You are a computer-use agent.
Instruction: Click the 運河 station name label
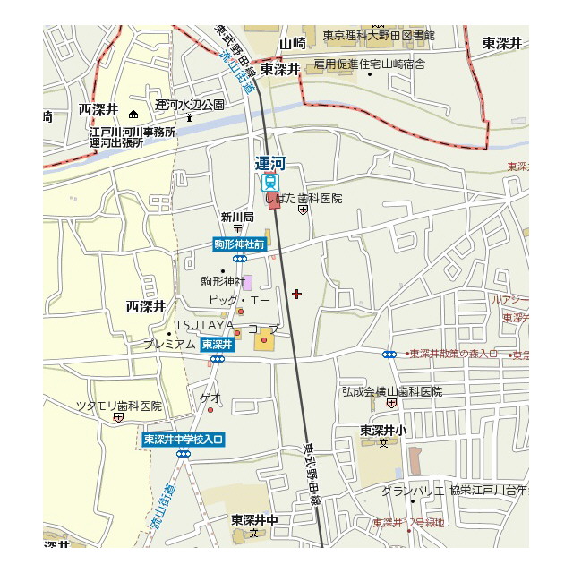coord(269,164)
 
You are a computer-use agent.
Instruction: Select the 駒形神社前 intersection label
coord(239,244)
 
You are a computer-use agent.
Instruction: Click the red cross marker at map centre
coord(297,294)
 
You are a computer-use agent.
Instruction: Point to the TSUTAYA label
coord(204,324)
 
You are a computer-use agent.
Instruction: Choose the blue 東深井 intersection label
coord(217,344)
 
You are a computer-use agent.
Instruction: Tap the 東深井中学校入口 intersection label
coord(184,439)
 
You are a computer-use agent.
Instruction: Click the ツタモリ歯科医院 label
coord(119,406)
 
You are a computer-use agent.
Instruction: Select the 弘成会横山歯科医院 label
coord(392,391)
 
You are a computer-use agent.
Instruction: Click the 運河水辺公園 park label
coord(190,105)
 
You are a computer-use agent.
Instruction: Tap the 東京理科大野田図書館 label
coord(379,36)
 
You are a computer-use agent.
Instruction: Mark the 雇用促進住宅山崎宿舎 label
coord(369,64)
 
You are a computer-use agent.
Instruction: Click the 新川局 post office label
coord(237,217)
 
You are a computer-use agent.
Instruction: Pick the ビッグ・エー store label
coord(239,301)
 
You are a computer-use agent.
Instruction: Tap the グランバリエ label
coord(413,491)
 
